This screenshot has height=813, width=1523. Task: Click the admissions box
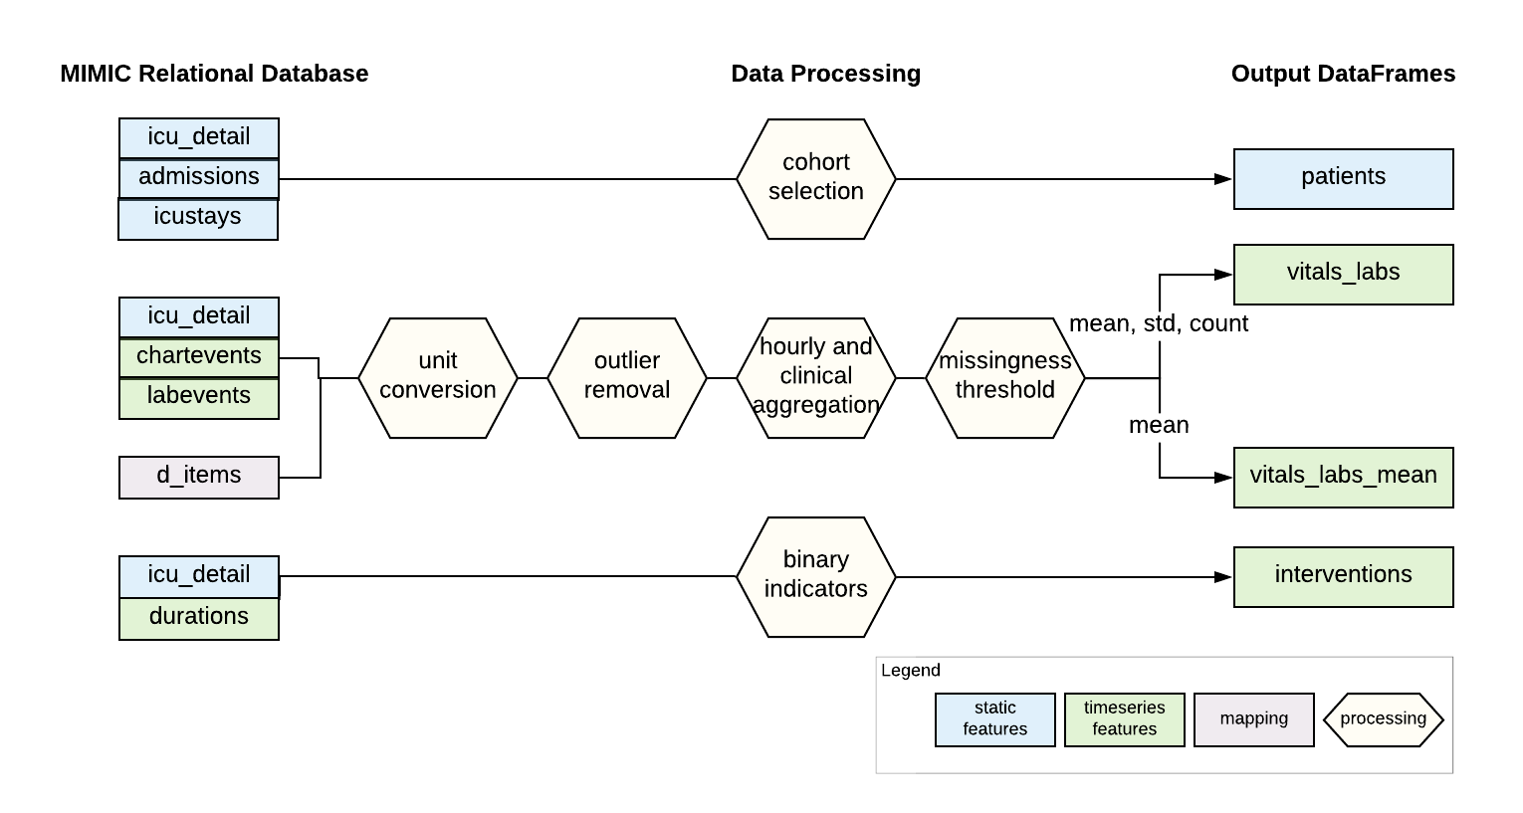coord(199,178)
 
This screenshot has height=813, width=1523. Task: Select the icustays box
coord(198,219)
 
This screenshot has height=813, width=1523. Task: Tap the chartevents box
coord(199,357)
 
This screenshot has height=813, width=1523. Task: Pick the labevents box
coord(199,397)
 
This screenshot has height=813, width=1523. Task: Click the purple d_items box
coord(199,477)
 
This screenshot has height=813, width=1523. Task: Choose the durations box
coord(199,618)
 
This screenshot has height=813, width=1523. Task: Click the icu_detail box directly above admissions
coord(199,138)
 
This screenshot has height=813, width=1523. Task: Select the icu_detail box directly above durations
coord(199,576)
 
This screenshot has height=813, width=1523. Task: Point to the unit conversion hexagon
coord(438,377)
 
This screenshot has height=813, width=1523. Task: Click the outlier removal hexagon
coord(627,377)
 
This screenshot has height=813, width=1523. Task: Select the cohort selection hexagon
coord(816,179)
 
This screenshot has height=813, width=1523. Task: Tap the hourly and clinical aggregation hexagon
coord(816,377)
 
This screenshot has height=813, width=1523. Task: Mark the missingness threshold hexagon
coord(1005,377)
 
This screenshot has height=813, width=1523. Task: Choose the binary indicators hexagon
coord(816,576)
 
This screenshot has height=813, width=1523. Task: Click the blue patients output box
coord(1343,179)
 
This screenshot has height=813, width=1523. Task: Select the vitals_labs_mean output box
coord(1343,477)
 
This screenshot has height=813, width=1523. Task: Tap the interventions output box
coord(1343,576)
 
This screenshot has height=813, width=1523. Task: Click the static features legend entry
coord(995,719)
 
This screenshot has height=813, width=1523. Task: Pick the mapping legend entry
coord(1254,719)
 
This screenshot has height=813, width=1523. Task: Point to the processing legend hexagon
coord(1384,719)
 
